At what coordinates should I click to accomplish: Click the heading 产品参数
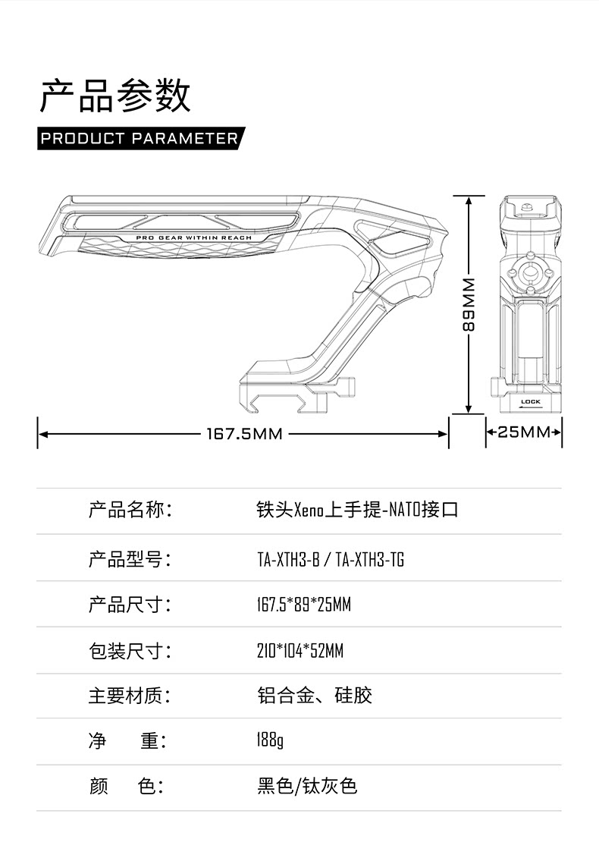115,96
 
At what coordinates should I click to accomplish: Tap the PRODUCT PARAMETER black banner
140,139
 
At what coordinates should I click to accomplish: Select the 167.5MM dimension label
244,434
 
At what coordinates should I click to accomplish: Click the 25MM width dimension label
523,432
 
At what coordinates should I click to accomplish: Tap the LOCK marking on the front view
531,401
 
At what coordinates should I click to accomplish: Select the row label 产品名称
130,509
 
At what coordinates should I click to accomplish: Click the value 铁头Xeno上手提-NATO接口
357,510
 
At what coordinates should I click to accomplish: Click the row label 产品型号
130,560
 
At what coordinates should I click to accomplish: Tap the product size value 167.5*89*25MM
304,605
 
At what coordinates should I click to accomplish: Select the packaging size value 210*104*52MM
300,651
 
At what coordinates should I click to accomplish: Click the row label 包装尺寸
130,651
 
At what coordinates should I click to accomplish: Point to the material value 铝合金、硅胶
315,696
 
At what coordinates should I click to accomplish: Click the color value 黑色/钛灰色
307,786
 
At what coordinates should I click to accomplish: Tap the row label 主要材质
130,696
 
